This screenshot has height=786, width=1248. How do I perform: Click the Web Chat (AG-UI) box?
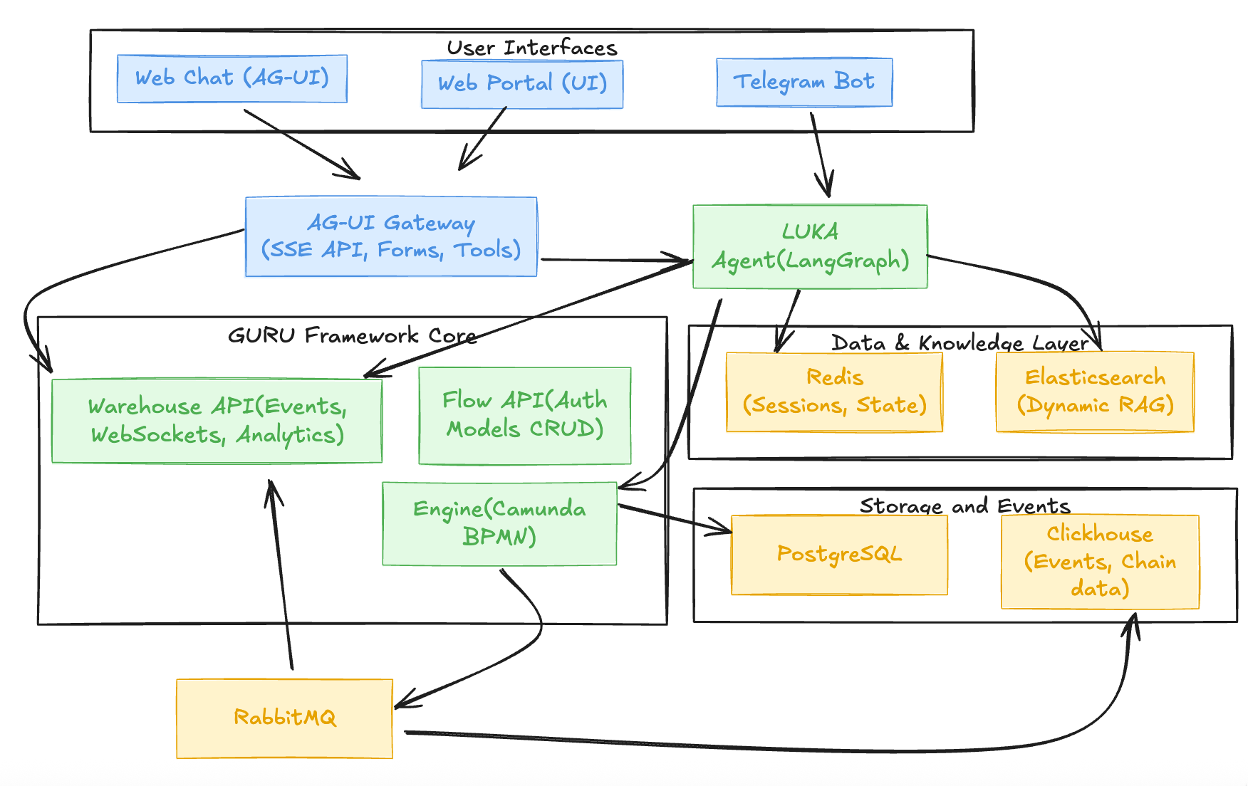(232, 78)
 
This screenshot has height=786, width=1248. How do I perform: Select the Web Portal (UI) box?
(522, 84)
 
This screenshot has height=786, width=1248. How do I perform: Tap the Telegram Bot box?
(804, 82)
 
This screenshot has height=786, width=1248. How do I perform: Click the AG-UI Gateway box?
(391, 236)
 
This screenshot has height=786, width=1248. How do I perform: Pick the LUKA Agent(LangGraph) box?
(810, 246)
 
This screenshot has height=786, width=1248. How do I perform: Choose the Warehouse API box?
(217, 421)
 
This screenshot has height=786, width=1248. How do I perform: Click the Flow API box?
(525, 416)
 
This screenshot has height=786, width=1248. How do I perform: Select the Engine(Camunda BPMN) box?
(499, 523)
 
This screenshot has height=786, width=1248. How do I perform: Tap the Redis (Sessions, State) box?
(834, 392)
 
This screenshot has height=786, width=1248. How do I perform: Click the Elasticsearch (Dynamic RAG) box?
(1095, 392)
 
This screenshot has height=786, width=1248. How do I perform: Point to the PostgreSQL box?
(839, 555)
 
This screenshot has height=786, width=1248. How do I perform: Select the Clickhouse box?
(1100, 562)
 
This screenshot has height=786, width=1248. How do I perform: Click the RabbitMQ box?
(284, 718)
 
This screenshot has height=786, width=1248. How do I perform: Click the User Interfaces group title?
(531, 48)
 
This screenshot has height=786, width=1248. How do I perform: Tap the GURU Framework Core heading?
(352, 335)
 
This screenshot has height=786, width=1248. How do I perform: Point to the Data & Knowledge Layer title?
(960, 343)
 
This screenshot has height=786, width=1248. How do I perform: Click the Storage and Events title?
(964, 506)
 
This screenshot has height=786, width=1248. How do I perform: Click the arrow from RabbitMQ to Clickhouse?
(784, 748)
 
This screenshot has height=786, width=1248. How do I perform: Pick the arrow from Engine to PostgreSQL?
(673, 518)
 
